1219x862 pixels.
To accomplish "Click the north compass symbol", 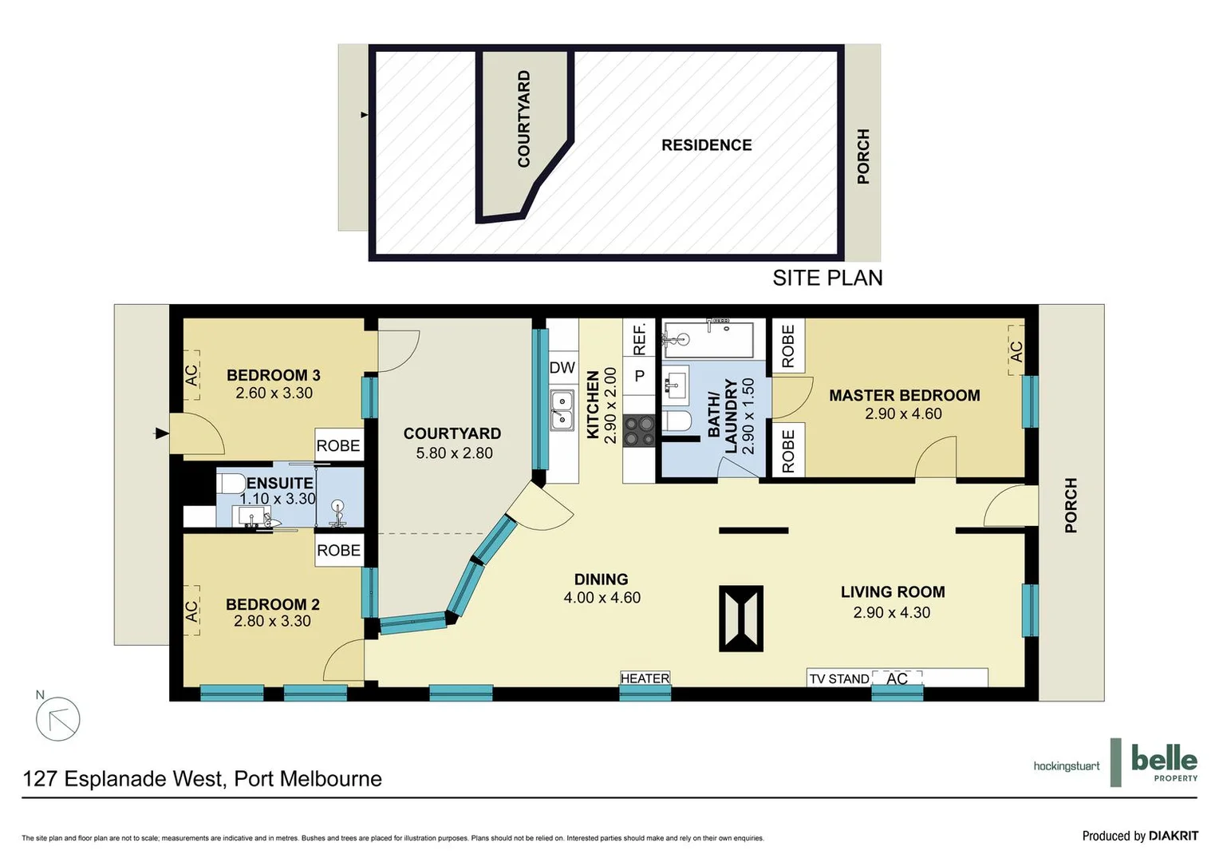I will [58, 718].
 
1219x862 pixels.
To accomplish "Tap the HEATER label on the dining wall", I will [645, 678].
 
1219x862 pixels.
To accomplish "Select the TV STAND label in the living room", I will [838, 679].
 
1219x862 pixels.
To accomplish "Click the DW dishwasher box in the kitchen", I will [562, 368].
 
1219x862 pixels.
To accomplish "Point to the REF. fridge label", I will [639, 338].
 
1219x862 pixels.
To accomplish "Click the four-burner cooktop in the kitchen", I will [639, 431].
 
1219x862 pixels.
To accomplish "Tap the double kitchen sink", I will [562, 410].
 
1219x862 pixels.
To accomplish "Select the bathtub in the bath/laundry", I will [708, 339].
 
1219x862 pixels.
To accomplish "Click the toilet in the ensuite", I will [231, 484].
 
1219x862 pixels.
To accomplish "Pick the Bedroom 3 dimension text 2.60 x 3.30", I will [274, 393].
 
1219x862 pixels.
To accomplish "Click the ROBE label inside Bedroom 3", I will [338, 445].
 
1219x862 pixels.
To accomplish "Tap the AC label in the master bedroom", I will [1016, 350].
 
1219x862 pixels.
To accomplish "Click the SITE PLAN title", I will [827, 278].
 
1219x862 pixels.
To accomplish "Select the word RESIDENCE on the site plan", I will [706, 145].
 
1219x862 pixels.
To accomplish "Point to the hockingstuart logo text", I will [1066, 766].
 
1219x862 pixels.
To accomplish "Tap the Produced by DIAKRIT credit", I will [1139, 836].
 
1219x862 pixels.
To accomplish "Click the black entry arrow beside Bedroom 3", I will [161, 433].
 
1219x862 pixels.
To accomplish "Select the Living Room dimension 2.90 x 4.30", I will [891, 613].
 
